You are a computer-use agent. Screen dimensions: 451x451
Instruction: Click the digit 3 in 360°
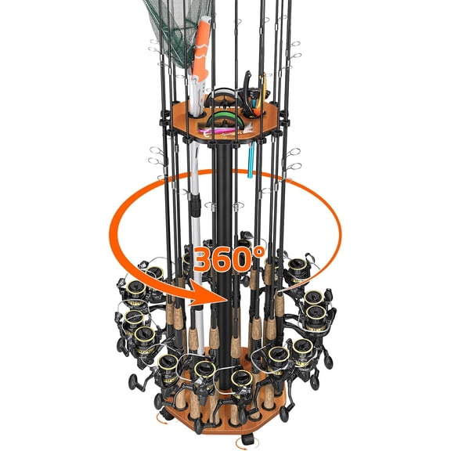tap(205, 259)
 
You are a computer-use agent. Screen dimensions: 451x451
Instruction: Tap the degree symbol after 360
tap(260, 252)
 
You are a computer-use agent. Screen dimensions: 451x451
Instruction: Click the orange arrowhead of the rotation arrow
tap(207, 294)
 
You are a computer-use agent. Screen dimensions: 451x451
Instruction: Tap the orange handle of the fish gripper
tap(201, 49)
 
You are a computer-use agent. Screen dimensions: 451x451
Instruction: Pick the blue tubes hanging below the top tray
tap(251, 160)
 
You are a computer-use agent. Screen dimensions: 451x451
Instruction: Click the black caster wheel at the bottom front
tap(247, 440)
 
